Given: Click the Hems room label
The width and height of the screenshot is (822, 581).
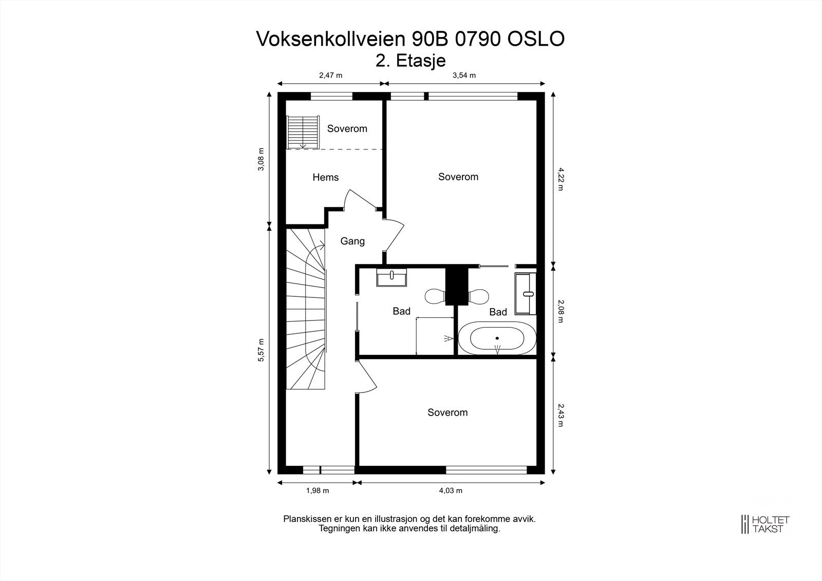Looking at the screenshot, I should pyautogui.click(x=325, y=178).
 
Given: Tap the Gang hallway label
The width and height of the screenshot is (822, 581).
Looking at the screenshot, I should pyautogui.click(x=352, y=241).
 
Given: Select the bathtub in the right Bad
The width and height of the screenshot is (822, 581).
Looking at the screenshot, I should pyautogui.click(x=497, y=339).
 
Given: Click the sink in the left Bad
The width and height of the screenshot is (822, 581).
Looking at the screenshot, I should pyautogui.click(x=391, y=277).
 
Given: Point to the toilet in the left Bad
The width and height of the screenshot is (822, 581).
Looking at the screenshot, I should pyautogui.click(x=435, y=296).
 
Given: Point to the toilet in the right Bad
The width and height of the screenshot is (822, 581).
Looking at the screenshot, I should pyautogui.click(x=479, y=296).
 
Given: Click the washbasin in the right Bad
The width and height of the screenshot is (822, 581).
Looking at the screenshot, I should pyautogui.click(x=525, y=293).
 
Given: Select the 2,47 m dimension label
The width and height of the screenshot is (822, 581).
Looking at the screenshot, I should pyautogui.click(x=330, y=76).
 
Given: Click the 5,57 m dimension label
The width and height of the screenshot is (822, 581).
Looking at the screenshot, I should pyautogui.click(x=261, y=350).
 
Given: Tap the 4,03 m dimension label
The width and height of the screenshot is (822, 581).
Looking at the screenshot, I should pyautogui.click(x=451, y=491).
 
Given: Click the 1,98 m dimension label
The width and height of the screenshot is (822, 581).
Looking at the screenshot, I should pyautogui.click(x=317, y=491).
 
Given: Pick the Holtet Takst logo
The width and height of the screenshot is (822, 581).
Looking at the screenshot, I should pyautogui.click(x=765, y=524).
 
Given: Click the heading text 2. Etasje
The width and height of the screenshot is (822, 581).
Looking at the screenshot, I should pyautogui.click(x=410, y=61).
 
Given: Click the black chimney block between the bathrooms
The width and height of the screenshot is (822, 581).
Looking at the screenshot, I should pyautogui.click(x=455, y=285).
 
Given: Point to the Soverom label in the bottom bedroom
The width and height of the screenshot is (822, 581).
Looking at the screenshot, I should pyautogui.click(x=447, y=413).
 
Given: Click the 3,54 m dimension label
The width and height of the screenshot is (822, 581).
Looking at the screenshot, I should pyautogui.click(x=464, y=76).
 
